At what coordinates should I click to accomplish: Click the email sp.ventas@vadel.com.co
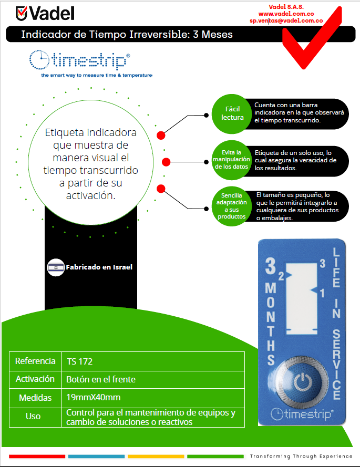click(286, 20)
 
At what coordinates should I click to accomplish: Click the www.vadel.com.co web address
click(286, 14)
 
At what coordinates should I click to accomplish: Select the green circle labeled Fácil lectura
click(232, 113)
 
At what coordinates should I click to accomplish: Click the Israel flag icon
click(56, 267)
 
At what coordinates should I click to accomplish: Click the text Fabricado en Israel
click(98, 267)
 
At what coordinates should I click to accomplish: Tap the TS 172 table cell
click(80, 361)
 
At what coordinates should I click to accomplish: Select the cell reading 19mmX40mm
click(94, 397)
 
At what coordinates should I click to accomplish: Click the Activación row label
click(35, 379)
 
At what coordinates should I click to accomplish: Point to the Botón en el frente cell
click(101, 379)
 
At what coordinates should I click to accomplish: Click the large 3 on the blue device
click(270, 267)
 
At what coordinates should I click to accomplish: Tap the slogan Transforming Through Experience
click(301, 455)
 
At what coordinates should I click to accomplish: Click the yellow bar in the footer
click(156, 456)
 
